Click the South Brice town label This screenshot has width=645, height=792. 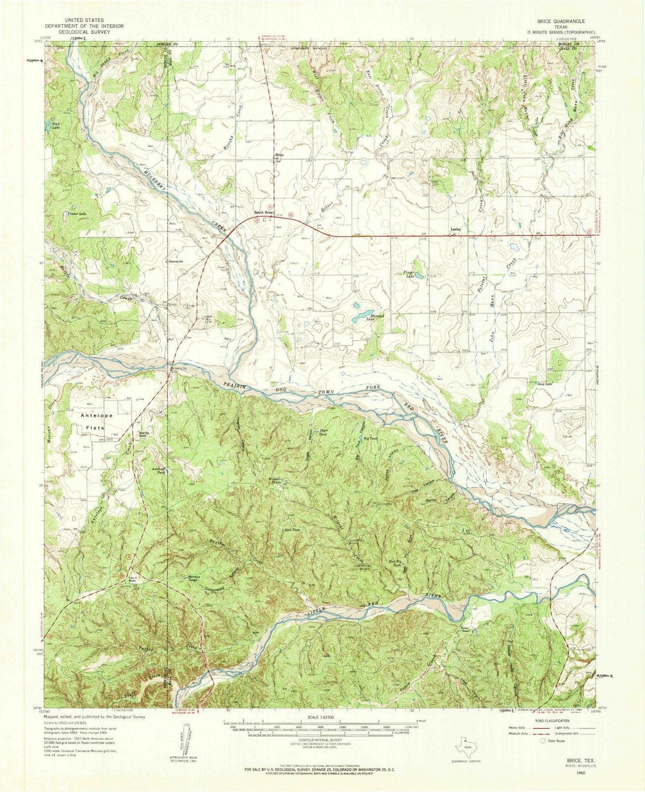264,213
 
